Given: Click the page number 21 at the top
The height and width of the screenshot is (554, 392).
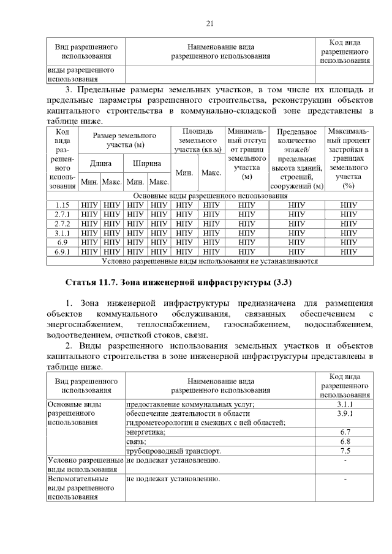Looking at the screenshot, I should pyautogui.click(x=209, y=24).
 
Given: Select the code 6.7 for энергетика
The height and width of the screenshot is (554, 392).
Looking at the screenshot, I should pyautogui.click(x=344, y=432).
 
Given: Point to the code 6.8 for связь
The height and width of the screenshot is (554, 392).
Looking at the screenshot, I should pyautogui.click(x=344, y=441).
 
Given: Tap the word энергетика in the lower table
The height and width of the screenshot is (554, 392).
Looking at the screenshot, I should pyautogui.click(x=146, y=432).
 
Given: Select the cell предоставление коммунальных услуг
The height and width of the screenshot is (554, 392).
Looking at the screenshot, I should pyautogui.click(x=190, y=404).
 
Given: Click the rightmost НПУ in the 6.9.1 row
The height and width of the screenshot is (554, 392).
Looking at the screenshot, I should pyautogui.click(x=349, y=251).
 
